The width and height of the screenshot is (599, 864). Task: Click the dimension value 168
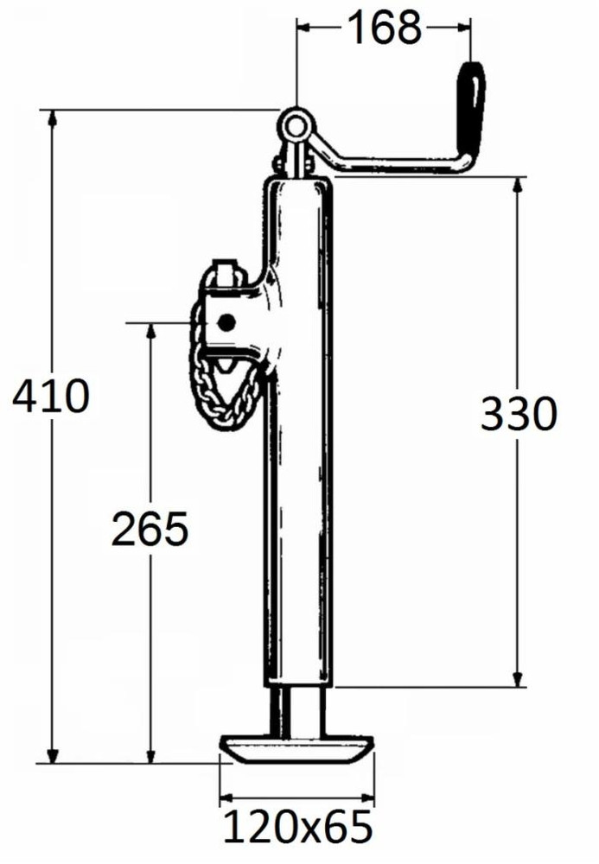point(384,28)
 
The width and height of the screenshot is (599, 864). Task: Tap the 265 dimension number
point(150,529)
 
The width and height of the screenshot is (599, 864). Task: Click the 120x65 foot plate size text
point(298,828)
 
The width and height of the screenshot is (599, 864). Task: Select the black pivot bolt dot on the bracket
point(226,322)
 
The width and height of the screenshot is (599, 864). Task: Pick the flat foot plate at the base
point(297,746)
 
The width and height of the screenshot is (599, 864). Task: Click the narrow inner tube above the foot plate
point(297,710)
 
